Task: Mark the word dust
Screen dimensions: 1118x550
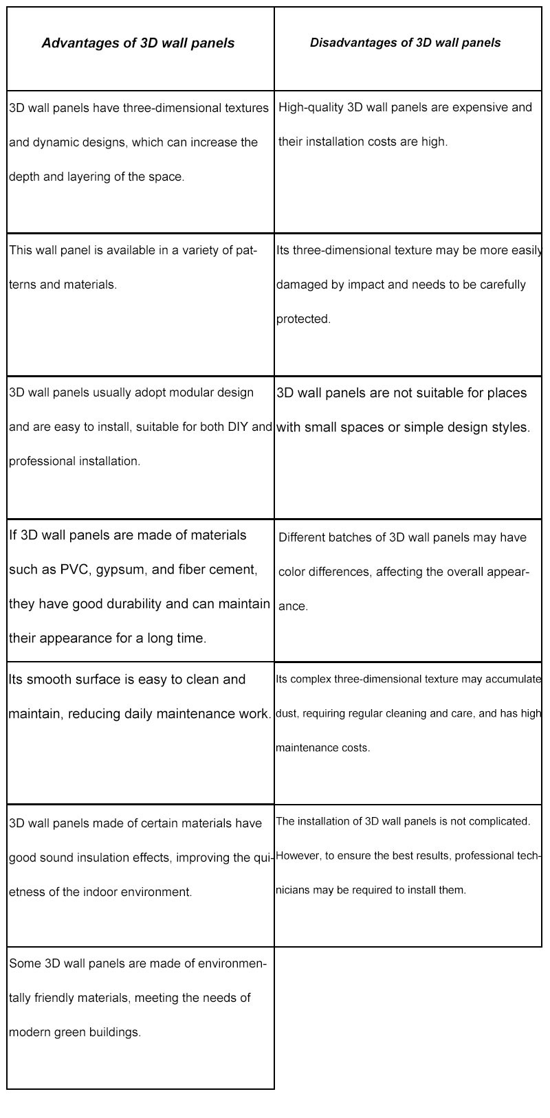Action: coord(286,713)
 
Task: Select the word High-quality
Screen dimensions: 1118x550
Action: coord(311,107)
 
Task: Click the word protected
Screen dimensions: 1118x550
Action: coord(303,319)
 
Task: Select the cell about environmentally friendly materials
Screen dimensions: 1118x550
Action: coord(140,1018)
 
